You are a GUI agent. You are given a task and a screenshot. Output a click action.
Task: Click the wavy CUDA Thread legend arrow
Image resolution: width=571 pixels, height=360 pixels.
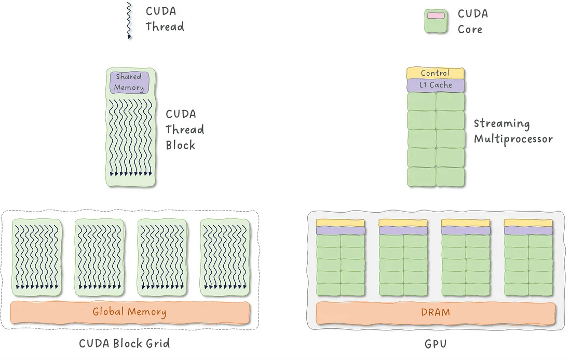(129, 20)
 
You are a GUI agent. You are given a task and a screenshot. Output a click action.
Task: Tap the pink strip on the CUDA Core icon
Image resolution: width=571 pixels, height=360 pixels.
(436, 16)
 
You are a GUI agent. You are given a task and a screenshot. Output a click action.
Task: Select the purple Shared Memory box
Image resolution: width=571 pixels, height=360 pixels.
(129, 82)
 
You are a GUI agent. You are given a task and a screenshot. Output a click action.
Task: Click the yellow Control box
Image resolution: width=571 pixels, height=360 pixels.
(436, 73)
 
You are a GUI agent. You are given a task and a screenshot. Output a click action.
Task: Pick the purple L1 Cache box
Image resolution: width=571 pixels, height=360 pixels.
(436, 85)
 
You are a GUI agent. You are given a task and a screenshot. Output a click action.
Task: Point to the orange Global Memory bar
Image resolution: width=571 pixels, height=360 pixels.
(130, 312)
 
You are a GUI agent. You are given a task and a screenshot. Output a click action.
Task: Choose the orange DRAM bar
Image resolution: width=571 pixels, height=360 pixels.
(436, 313)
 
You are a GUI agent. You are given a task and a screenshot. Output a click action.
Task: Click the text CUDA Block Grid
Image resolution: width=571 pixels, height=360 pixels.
(124, 343)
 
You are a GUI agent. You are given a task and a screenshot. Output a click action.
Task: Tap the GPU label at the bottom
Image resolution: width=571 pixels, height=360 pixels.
(436, 344)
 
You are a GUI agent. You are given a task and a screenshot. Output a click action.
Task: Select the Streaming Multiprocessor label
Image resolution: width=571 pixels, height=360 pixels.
(513, 132)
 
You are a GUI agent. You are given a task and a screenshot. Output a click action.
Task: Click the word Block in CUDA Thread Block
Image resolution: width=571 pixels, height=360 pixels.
(180, 145)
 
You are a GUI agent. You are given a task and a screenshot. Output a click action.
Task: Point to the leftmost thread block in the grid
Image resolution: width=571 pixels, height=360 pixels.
(37, 257)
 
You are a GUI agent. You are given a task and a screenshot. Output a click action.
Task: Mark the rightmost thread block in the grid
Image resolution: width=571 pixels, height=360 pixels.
(225, 257)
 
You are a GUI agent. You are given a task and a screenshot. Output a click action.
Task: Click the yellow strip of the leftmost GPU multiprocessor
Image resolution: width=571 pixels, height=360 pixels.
(340, 223)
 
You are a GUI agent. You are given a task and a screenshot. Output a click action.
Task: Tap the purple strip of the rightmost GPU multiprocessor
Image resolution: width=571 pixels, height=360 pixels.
(528, 230)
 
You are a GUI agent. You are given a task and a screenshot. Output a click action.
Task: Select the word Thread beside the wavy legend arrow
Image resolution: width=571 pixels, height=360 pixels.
(165, 26)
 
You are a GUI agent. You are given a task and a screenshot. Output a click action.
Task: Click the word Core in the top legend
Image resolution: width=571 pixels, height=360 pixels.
(470, 29)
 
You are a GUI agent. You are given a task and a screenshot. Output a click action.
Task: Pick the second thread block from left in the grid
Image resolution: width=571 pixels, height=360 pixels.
(100, 257)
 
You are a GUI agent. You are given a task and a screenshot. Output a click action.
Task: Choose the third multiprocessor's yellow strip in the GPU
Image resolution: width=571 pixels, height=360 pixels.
(466, 223)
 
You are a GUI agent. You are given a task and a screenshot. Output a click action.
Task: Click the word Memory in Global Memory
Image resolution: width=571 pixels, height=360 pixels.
(147, 312)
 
